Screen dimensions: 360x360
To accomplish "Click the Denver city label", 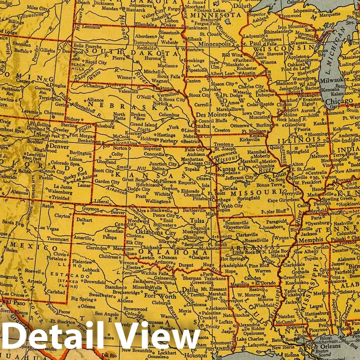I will click(59, 147).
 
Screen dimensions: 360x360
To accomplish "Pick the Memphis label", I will click(311, 240).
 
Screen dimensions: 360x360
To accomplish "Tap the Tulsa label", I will click(197, 221).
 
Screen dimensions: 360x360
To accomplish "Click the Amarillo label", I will click(82, 238).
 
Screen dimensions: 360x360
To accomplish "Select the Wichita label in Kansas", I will click(162, 194).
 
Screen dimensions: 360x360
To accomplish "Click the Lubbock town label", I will click(91, 270).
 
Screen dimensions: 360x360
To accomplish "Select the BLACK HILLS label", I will click(79, 67).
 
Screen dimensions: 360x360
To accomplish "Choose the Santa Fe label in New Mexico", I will click(11, 222).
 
